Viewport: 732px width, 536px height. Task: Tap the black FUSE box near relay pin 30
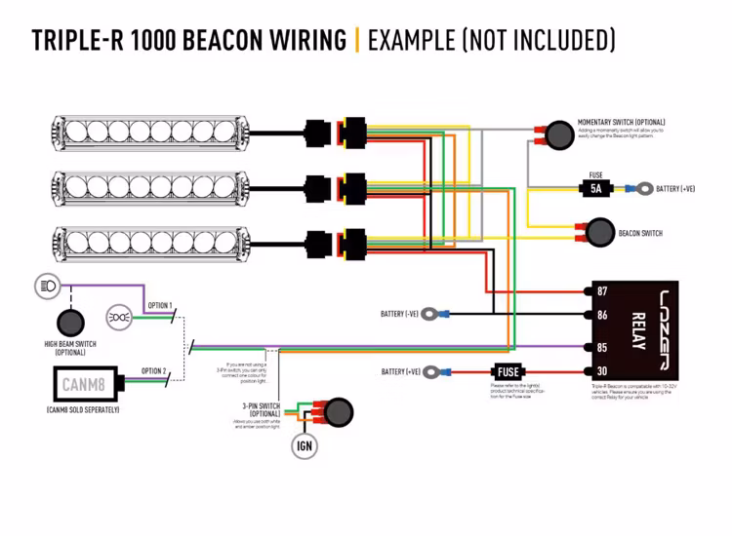coord(508,371)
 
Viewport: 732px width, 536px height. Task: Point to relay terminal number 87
coord(602,291)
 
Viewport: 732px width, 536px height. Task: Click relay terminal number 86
coord(602,315)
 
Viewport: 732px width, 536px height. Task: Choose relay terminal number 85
coord(602,347)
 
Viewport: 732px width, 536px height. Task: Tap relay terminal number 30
coord(602,371)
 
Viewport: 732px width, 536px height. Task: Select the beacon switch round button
coord(596,233)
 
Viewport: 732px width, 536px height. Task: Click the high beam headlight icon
coord(47,286)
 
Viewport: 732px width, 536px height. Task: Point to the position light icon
coord(118,318)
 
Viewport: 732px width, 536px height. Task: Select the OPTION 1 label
coord(160,306)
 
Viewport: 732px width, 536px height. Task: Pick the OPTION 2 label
coord(154,371)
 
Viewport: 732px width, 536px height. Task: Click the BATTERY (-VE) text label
coord(399,314)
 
